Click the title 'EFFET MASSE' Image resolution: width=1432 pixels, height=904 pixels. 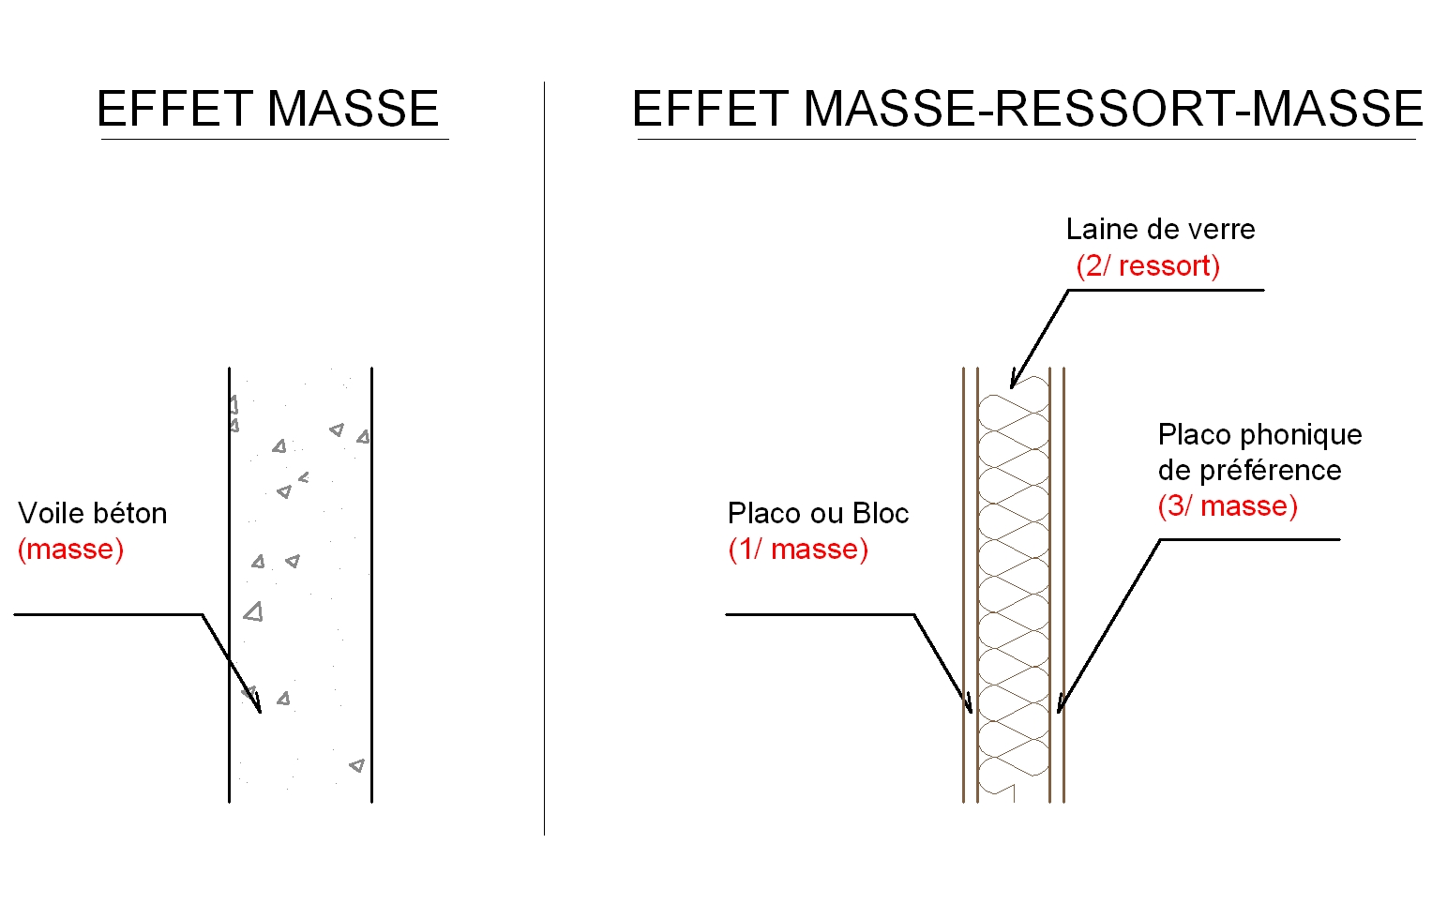pos(268,109)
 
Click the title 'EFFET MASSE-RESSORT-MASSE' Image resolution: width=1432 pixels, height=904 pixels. pos(1027,109)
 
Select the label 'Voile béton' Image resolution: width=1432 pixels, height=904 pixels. pos(93,514)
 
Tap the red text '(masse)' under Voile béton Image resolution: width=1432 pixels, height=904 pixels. pos(71,550)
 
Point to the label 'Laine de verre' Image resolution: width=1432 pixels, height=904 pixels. pos(1160,230)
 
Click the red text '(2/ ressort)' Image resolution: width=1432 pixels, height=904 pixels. pos(1148,266)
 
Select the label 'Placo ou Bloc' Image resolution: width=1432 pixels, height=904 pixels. pos(818,514)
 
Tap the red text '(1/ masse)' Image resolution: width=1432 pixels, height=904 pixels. pos(798,550)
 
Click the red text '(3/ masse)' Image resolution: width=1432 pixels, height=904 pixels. pos(1228,506)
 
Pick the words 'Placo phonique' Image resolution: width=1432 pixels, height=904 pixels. pos(1259,435)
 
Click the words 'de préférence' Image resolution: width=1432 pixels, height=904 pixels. pos(1249,471)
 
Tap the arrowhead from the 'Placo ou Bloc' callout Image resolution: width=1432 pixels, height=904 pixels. pos(969,706)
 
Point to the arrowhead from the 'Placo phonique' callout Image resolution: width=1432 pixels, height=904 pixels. pos(1061,705)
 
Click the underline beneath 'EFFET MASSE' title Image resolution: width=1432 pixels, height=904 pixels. pos(274,140)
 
